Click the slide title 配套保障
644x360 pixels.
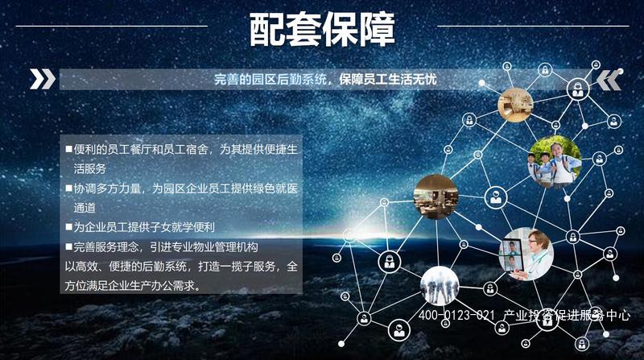pos(322,30)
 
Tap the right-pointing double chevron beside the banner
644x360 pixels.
pos(43,79)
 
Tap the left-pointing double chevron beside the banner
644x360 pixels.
pos(609,80)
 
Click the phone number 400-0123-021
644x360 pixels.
pos(456,315)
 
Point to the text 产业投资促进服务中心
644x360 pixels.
pos(567,315)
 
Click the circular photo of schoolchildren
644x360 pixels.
pos(555,162)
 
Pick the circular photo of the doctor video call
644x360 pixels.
pos(526,254)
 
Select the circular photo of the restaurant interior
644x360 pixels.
pos(436,197)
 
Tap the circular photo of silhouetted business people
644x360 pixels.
pos(440,286)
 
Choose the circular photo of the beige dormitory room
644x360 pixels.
pos(515,105)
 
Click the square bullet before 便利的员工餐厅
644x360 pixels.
pos(68,149)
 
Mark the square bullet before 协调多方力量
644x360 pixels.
pos(68,188)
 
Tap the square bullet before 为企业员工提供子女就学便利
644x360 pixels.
pos(68,227)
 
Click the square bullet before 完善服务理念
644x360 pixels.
pos(68,246)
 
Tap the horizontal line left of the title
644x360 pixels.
pos(111,27)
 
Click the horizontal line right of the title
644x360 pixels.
pos(533,27)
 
